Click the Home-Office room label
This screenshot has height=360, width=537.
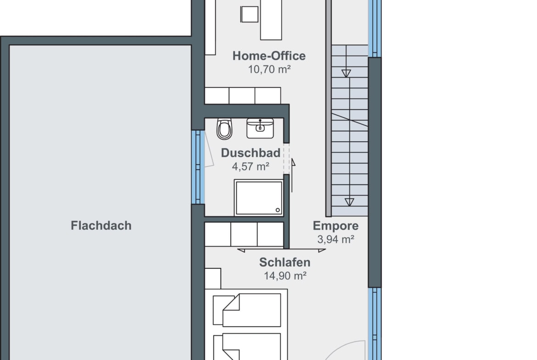tap(269, 56)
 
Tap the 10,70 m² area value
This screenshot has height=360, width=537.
tap(269, 69)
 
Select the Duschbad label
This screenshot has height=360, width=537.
tap(250, 153)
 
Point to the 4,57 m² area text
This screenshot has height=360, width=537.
tap(250, 166)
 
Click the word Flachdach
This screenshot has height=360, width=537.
tap(101, 226)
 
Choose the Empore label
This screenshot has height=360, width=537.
tap(336, 226)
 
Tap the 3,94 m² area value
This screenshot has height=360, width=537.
tap(336, 239)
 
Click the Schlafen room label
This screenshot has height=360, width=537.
tap(285, 262)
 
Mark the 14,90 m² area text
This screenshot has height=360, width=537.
tap(285, 276)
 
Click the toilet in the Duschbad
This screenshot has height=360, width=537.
tap(224, 129)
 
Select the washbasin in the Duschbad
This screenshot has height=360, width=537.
tap(260, 128)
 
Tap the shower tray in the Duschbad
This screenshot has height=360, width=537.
tap(259, 198)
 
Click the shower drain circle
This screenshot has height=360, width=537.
tap(278, 210)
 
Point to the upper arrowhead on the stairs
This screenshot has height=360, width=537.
tap(346, 73)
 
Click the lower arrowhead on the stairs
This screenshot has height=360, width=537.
tap(349, 202)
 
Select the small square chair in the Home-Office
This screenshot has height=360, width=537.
tap(249, 14)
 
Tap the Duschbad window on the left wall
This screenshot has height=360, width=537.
tap(198, 166)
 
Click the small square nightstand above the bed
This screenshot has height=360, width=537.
tap(213, 278)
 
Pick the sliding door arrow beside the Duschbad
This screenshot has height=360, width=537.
tap(292, 175)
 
